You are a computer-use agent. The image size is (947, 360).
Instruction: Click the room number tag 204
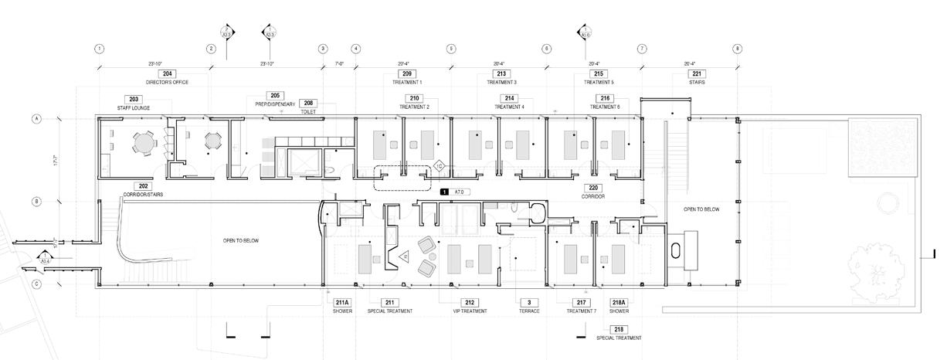[x=168, y=73]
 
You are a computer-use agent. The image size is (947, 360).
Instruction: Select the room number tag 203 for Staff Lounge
[x=134, y=99]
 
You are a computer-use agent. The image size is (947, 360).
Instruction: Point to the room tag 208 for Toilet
[x=308, y=103]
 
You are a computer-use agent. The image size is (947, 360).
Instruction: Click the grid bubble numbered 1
[x=100, y=49]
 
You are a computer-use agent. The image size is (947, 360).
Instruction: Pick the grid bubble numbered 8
[x=737, y=49]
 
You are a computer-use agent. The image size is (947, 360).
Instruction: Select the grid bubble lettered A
[x=36, y=119]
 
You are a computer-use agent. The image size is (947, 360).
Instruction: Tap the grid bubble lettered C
[x=36, y=284]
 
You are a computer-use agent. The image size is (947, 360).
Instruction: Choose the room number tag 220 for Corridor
[x=593, y=188]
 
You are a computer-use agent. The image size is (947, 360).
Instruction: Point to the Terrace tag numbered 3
[x=529, y=302]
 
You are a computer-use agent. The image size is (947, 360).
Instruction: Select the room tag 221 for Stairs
[x=698, y=73]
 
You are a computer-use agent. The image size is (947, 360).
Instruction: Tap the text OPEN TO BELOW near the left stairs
[x=241, y=241]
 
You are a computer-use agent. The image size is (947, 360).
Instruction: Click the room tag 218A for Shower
[x=619, y=302]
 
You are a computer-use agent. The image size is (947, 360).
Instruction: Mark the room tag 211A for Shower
[x=342, y=302]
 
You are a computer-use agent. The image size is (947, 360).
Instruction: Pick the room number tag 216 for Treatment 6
[x=605, y=98]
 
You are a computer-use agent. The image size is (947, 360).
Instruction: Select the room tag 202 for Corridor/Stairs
[x=142, y=186]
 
